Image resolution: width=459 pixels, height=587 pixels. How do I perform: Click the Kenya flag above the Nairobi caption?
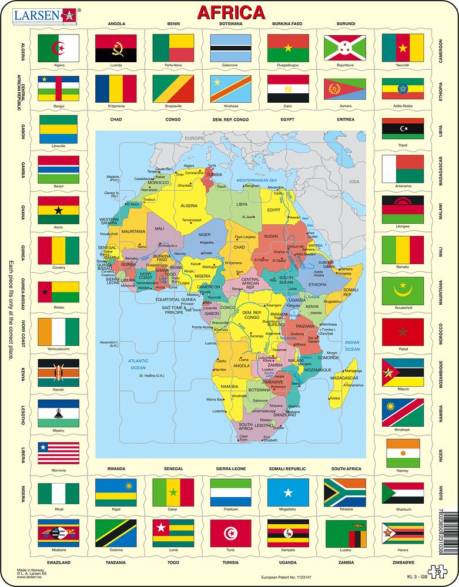click(x=58, y=373)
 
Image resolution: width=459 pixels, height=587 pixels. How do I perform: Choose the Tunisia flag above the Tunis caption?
click(x=230, y=533)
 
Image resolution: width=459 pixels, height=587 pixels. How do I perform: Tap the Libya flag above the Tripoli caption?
click(x=403, y=129)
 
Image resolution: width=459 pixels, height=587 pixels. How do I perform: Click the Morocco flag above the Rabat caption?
click(x=403, y=332)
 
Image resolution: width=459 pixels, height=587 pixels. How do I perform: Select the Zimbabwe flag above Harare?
click(x=403, y=533)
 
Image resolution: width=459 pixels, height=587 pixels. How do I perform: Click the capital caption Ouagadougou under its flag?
click(x=288, y=65)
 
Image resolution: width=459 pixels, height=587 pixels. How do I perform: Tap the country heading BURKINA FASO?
click(x=287, y=24)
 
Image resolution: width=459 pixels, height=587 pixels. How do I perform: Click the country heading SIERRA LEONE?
click(x=230, y=469)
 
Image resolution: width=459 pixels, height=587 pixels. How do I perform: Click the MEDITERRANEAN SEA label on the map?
click(x=257, y=180)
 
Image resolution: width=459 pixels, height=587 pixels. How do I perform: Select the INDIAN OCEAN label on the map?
click(x=352, y=346)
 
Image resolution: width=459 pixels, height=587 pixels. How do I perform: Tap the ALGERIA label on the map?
click(x=189, y=206)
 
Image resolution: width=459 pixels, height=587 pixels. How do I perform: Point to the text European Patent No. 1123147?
click(x=286, y=578)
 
